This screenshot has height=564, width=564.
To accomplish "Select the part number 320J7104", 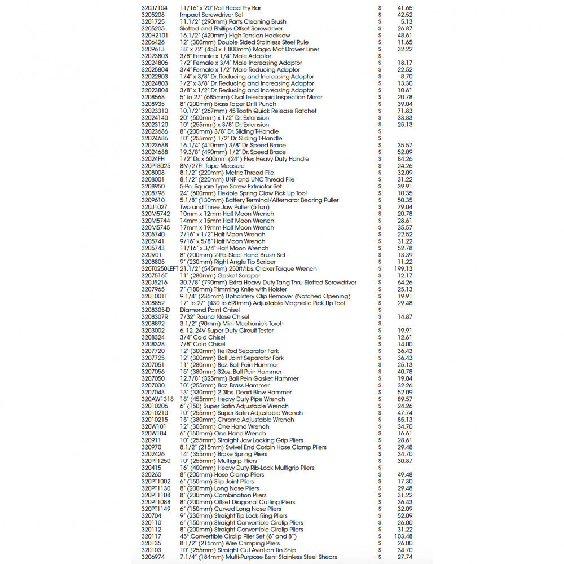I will point(154,8).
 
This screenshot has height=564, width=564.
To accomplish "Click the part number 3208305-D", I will point(156,310).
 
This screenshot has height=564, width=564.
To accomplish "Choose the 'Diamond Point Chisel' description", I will point(210,310).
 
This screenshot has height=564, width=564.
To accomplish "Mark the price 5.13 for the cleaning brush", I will point(407,21).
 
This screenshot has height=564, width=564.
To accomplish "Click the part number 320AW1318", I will point(157,399).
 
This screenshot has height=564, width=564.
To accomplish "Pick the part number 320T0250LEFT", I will point(160,269).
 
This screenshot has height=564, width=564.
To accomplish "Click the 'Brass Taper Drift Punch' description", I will point(228,104).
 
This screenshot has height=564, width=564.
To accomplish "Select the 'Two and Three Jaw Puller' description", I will point(224,207).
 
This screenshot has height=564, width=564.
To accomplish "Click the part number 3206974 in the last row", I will point(153,557).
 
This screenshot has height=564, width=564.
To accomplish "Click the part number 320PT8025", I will point(156,166).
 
